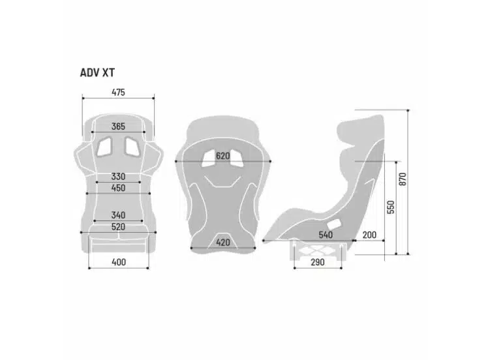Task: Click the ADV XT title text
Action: (98, 74)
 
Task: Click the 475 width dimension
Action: (118, 93)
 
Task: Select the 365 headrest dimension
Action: (118, 127)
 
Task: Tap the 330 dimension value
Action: (118, 177)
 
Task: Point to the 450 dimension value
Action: (118, 188)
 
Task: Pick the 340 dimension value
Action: (118, 215)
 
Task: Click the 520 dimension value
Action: (118, 226)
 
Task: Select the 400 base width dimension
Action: (118, 262)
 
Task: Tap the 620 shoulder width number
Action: (223, 156)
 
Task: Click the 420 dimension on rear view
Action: (223, 243)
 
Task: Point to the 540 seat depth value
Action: (326, 235)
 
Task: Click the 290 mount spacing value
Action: (318, 262)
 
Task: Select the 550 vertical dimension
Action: (390, 207)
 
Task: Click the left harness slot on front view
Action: (104, 146)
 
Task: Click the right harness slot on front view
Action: (132, 146)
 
